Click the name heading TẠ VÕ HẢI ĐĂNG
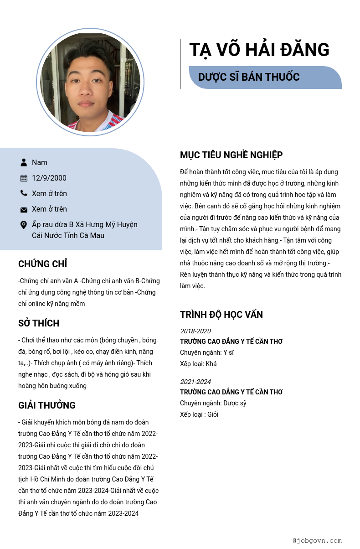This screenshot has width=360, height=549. click(x=259, y=50)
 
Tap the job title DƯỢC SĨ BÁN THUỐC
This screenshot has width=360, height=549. click(x=249, y=77)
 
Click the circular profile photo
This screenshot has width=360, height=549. click(x=90, y=83)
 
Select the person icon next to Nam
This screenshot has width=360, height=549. click(x=24, y=162)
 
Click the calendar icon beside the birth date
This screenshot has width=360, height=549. click(x=24, y=178)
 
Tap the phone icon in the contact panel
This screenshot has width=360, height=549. click(x=24, y=193)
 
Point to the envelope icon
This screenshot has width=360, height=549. click(x=24, y=209)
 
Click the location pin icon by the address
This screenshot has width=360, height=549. click(x=24, y=225)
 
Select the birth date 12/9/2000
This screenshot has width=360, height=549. click(x=49, y=178)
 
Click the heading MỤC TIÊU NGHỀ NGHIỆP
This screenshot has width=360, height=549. click(x=231, y=155)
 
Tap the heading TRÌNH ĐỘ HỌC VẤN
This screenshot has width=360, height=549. click(x=221, y=315)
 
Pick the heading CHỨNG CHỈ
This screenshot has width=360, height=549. click(x=43, y=264)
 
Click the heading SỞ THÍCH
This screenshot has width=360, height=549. click(x=39, y=323)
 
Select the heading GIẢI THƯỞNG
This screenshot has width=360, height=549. click(x=47, y=405)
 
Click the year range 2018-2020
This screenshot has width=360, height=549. click(x=195, y=331)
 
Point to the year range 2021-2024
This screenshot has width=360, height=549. click(x=195, y=382)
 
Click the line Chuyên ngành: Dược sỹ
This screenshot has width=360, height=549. click(x=213, y=403)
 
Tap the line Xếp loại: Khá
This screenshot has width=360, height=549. click(x=198, y=364)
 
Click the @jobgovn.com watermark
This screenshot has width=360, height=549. click(x=317, y=540)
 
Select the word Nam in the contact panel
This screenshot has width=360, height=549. click(x=40, y=162)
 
